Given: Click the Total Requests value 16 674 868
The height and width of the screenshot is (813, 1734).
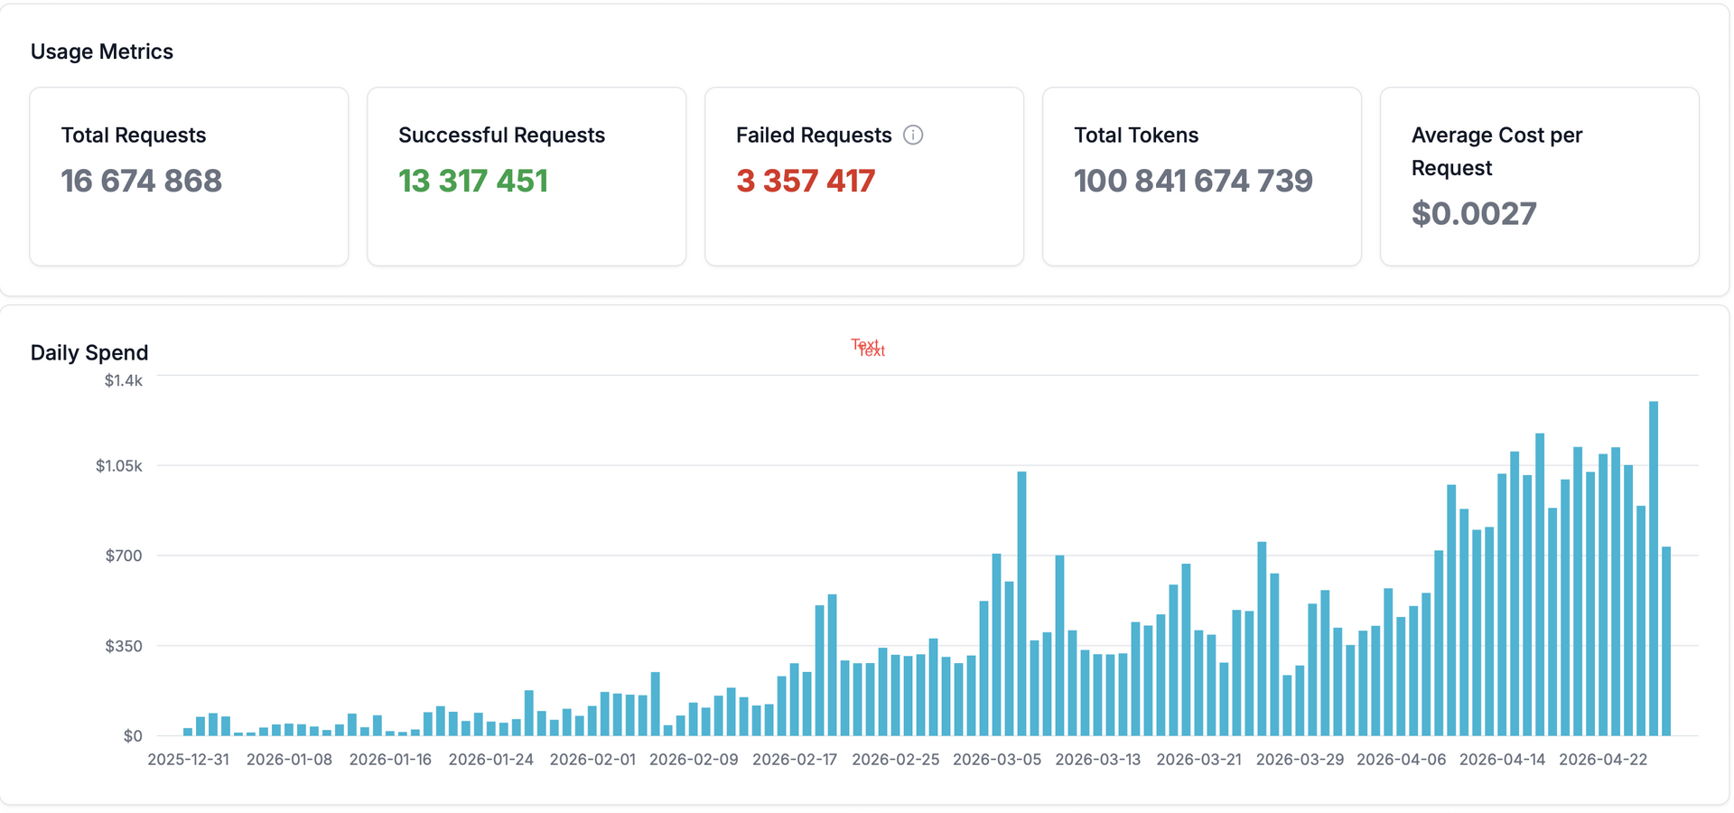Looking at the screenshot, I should click(142, 182).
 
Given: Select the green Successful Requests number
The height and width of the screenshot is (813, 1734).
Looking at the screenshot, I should click(473, 182).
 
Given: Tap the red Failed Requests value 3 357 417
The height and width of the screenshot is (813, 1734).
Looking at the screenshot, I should click(806, 182).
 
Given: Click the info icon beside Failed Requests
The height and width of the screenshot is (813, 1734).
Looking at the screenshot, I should click(913, 135).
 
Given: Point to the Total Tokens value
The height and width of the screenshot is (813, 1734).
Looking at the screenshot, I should click(1193, 182).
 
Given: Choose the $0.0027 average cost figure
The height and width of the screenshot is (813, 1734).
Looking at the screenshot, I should click(1474, 214).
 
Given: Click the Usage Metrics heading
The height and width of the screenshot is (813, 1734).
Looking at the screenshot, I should click(102, 51).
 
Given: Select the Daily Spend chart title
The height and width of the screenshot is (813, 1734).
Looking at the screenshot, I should click(89, 352).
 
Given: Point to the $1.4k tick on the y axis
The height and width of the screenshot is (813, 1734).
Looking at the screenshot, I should click(124, 380).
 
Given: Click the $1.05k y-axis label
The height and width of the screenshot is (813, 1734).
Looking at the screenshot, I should click(119, 466).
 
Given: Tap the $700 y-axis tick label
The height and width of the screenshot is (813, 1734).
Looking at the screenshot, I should click(124, 556).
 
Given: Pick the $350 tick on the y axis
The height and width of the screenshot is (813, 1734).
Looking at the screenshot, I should click(124, 646).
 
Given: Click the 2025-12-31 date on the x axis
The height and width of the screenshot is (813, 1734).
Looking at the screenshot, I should click(189, 760).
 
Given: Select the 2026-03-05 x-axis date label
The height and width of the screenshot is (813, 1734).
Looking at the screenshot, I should click(997, 760).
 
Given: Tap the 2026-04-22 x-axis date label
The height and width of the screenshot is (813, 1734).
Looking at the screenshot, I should click(1603, 760).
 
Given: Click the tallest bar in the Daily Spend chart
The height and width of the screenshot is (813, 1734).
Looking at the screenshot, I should click(1654, 569).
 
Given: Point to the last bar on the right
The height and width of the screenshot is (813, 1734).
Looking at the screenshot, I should click(1666, 641).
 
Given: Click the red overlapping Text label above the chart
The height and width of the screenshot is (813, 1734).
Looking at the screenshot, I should click(868, 348).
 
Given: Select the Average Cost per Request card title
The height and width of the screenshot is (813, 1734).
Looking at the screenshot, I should click(1496, 152).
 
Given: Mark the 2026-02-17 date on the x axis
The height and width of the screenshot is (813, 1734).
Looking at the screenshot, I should click(795, 760).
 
